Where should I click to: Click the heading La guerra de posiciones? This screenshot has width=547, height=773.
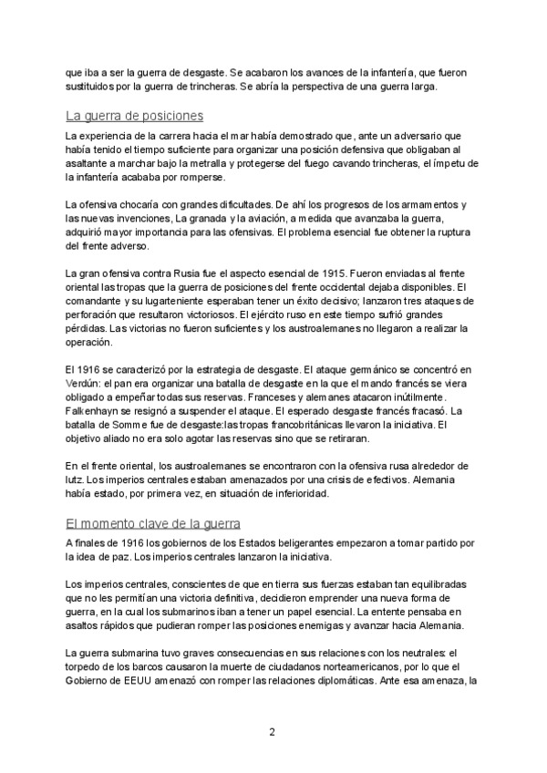(134, 116)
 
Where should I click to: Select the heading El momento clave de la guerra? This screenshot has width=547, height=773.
(152, 523)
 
